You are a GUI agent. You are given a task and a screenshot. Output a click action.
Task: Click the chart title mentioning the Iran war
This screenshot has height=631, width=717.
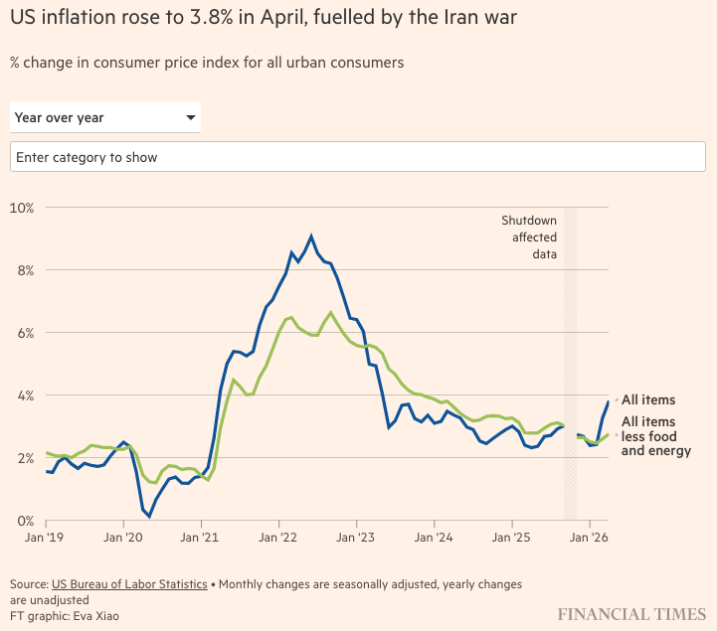click(x=264, y=17)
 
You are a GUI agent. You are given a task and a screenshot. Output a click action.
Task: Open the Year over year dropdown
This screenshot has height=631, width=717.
click(x=105, y=117)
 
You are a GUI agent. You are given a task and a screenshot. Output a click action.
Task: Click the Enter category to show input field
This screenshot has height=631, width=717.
click(x=358, y=157)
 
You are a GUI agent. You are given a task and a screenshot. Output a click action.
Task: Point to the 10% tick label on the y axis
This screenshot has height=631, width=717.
click(x=22, y=208)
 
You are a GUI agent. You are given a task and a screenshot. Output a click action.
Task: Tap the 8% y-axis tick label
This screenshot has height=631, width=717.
click(x=26, y=270)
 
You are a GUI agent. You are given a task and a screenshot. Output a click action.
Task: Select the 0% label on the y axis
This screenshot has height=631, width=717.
click(x=26, y=521)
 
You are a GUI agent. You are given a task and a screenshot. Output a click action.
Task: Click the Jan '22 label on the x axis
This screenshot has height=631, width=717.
click(x=277, y=538)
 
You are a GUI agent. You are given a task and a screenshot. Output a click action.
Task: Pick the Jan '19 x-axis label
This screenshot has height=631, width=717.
click(x=45, y=538)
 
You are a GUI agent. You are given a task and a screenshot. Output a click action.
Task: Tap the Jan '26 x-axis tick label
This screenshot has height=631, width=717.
click(x=589, y=538)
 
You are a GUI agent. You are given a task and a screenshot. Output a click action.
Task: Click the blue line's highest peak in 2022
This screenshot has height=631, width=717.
click(x=311, y=237)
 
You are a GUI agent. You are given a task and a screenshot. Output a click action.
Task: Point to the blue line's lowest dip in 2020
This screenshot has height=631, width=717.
click(x=149, y=517)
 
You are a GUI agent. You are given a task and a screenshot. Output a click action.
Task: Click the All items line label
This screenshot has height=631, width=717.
click(x=648, y=399)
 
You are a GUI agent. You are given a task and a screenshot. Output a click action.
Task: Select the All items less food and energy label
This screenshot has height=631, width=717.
click(x=655, y=436)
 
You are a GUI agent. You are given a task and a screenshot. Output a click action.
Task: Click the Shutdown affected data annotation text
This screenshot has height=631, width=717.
click(x=529, y=237)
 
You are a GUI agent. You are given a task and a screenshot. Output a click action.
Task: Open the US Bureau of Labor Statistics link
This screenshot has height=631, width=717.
click(x=129, y=584)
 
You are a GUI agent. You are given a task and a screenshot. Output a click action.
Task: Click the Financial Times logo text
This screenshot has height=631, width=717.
click(x=631, y=614)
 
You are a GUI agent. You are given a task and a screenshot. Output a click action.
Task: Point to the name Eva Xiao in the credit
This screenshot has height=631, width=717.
click(x=96, y=616)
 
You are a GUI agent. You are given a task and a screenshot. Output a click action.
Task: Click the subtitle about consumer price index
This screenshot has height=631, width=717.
click(x=207, y=63)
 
